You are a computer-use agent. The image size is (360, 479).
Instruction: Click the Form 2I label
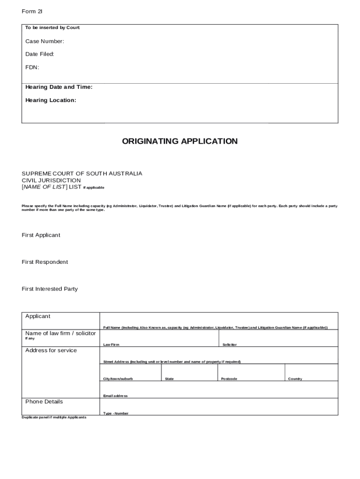(x=29, y=11)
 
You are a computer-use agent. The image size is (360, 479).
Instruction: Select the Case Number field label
(x=45, y=42)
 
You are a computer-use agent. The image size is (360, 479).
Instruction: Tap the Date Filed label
(x=40, y=54)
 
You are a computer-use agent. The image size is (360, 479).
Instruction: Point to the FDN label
(x=32, y=67)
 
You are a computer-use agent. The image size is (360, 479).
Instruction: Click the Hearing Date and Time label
(x=59, y=87)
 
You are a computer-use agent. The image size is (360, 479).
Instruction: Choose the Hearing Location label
(x=50, y=100)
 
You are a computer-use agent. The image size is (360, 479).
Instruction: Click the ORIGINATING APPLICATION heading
(x=180, y=141)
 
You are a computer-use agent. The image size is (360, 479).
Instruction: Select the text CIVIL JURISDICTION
(x=51, y=181)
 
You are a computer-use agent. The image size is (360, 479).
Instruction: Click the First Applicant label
(x=41, y=235)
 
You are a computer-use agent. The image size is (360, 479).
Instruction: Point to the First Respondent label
(x=45, y=262)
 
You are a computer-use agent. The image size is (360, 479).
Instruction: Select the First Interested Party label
(x=50, y=289)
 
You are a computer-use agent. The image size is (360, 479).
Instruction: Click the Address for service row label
(x=51, y=351)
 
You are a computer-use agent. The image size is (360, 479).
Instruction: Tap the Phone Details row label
(x=44, y=402)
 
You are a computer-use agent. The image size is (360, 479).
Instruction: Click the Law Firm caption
(x=111, y=345)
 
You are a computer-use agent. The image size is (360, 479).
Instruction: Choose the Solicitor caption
(x=230, y=345)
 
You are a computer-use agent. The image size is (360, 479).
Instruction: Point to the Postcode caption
(x=229, y=379)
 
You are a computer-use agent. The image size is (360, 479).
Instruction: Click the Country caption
(x=295, y=379)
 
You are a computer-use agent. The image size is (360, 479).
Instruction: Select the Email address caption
(x=115, y=396)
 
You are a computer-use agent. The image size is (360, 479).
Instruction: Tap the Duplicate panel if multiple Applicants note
(x=54, y=417)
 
